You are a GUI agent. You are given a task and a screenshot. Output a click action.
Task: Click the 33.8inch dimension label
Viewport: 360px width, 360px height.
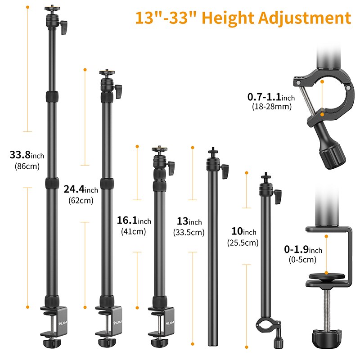(x=27, y=155)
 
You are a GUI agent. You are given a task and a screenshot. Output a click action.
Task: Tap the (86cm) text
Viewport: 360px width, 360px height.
(x=27, y=166)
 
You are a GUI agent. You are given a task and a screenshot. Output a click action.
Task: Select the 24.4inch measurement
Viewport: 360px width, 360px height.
(x=81, y=190)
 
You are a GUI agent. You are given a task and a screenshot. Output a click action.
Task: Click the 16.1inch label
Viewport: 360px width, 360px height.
(x=134, y=221)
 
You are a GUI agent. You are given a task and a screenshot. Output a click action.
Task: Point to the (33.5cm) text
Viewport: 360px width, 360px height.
(x=189, y=232)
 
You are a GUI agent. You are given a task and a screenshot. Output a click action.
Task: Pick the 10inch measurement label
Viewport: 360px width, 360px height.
(x=243, y=232)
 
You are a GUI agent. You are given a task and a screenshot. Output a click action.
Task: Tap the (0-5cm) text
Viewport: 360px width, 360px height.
(x=303, y=260)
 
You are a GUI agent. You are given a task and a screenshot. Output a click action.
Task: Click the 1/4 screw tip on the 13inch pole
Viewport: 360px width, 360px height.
(x=211, y=150)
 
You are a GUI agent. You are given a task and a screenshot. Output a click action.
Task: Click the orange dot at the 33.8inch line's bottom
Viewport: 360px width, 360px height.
(x=28, y=307)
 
